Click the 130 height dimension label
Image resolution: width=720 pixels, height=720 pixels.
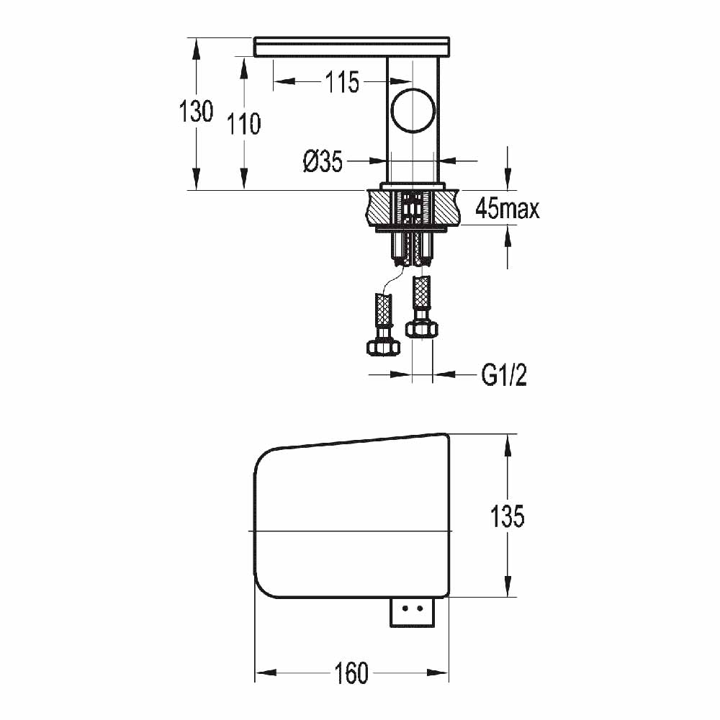197,112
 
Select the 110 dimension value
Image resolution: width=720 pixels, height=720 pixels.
244,124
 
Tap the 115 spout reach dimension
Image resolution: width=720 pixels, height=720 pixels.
341,82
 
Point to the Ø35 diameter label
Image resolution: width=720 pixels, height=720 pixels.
323,162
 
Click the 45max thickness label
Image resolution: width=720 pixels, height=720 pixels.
507,210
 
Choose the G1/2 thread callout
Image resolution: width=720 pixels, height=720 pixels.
503,374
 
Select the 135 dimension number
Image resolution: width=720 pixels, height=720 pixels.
507,516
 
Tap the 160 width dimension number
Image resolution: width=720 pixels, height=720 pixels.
351,673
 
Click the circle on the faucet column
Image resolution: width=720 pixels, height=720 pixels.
413,112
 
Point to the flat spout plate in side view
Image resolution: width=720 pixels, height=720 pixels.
352,47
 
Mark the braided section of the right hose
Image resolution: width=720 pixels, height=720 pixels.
421,294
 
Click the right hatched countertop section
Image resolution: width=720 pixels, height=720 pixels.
447,207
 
